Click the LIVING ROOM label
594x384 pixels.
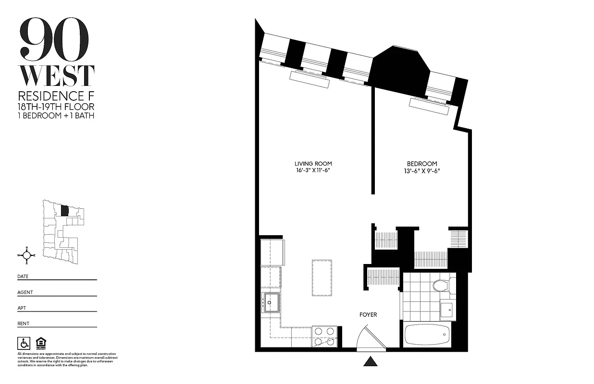point(313,164)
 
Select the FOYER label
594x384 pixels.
point(368,315)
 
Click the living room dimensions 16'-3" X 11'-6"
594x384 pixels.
point(313,171)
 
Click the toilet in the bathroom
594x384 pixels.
point(440,286)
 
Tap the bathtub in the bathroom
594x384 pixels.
point(427,335)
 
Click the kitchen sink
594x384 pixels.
point(271,302)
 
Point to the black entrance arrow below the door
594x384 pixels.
point(370,361)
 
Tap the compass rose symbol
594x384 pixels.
point(27,255)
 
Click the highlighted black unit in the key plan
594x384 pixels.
point(65,210)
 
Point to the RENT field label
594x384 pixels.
point(23,324)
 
